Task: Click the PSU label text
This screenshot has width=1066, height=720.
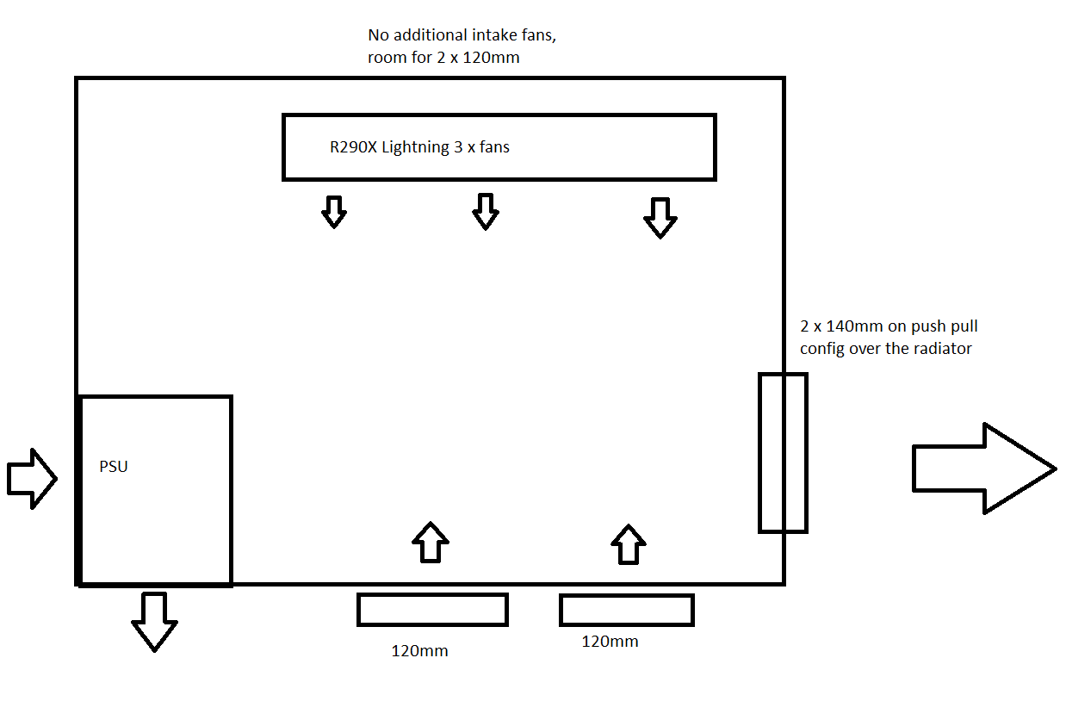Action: point(114,468)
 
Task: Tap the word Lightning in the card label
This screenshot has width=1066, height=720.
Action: point(415,147)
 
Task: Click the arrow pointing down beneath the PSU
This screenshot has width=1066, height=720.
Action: point(154,620)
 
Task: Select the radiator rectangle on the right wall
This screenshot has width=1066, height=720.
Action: point(782,452)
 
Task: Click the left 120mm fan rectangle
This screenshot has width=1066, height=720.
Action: point(432,609)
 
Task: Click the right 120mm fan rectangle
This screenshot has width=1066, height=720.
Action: point(626,610)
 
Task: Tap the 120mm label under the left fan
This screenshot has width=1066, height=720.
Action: point(419,651)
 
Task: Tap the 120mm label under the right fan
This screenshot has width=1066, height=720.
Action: point(610,642)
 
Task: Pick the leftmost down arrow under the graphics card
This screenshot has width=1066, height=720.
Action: point(333,211)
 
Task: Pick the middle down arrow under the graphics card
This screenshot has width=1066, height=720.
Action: point(486,211)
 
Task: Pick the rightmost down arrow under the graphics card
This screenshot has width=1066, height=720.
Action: point(660,217)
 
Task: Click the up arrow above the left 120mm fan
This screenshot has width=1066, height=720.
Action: point(431,543)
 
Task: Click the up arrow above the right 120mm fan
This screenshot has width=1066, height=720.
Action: point(628,544)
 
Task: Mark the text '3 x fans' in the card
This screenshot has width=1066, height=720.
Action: point(481,147)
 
